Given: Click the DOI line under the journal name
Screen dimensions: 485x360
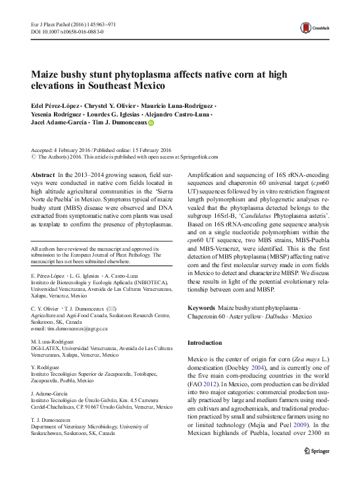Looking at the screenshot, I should (66, 31).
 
